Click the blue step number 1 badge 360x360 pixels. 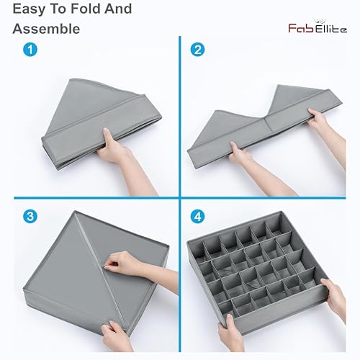pyautogui.click(x=30, y=50)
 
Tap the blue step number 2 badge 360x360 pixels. pyautogui.click(x=197, y=50)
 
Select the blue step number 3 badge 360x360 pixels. pyautogui.click(x=30, y=217)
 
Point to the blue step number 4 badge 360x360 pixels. pyautogui.click(x=197, y=217)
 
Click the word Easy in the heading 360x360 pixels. pyautogui.click(x=29, y=9)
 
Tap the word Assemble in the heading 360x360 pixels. pyautogui.click(x=46, y=29)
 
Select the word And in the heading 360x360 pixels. pyautogui.click(x=118, y=9)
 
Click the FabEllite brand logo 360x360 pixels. pyautogui.click(x=318, y=27)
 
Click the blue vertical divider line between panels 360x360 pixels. pyautogui.click(x=180, y=194)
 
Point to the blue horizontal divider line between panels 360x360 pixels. pyautogui.click(x=180, y=198)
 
